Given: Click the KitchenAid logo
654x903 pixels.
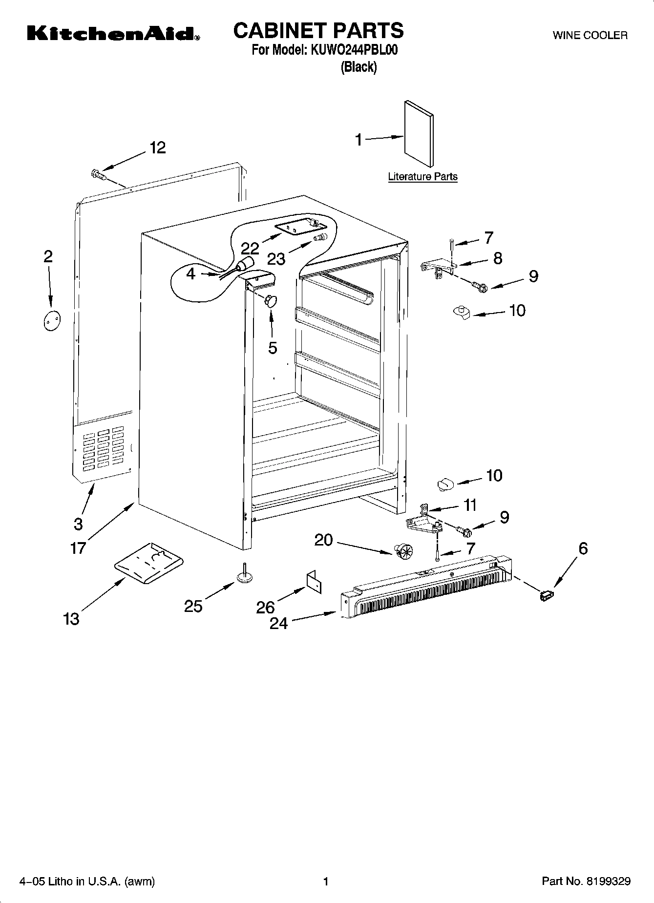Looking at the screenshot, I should (113, 34).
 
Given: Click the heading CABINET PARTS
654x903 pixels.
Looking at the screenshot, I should (318, 30).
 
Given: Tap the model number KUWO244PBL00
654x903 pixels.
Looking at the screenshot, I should (351, 50).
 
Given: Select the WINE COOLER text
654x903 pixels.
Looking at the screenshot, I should (590, 35).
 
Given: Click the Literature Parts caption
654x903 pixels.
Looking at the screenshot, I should (422, 177).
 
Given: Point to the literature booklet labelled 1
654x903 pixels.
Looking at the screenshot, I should (419, 134).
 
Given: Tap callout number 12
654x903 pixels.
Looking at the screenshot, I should (157, 147).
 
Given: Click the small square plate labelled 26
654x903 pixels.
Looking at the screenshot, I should (315, 582).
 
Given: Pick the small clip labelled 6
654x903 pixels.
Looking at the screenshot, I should (546, 595).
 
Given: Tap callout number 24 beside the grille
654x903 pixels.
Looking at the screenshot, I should (279, 623).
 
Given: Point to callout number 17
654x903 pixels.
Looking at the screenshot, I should (78, 548).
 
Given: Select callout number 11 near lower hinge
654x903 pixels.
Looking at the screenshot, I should (469, 504).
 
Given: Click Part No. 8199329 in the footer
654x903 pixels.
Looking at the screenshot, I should (586, 882).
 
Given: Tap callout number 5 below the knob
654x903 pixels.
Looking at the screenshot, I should (273, 348).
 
